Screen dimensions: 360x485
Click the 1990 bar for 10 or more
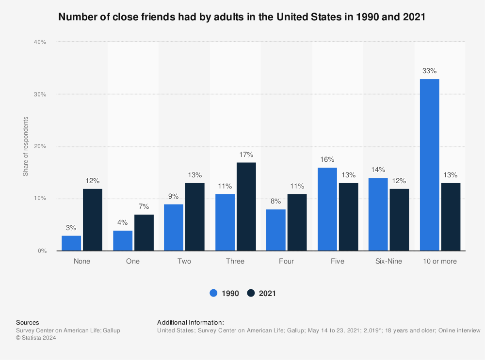(x=429, y=165)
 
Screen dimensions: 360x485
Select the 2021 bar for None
(x=92, y=219)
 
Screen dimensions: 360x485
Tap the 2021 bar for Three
(x=246, y=206)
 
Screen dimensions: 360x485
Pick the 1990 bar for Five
(x=327, y=209)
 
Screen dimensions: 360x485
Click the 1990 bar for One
(x=123, y=240)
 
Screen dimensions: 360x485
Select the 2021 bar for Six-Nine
(x=399, y=219)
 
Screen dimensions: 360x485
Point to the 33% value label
(x=429, y=71)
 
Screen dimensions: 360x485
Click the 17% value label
(x=246, y=155)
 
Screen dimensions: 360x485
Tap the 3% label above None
(x=71, y=228)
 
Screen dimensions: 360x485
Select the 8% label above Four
(x=275, y=201)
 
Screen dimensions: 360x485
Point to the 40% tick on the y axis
(x=40, y=42)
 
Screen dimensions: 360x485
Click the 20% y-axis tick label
(x=40, y=146)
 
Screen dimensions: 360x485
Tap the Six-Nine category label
(x=388, y=261)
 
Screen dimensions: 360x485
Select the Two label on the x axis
(x=184, y=261)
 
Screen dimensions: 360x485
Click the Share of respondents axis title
(x=26, y=146)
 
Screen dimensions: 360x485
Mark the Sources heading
(x=28, y=322)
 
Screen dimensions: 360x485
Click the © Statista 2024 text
(x=36, y=338)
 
